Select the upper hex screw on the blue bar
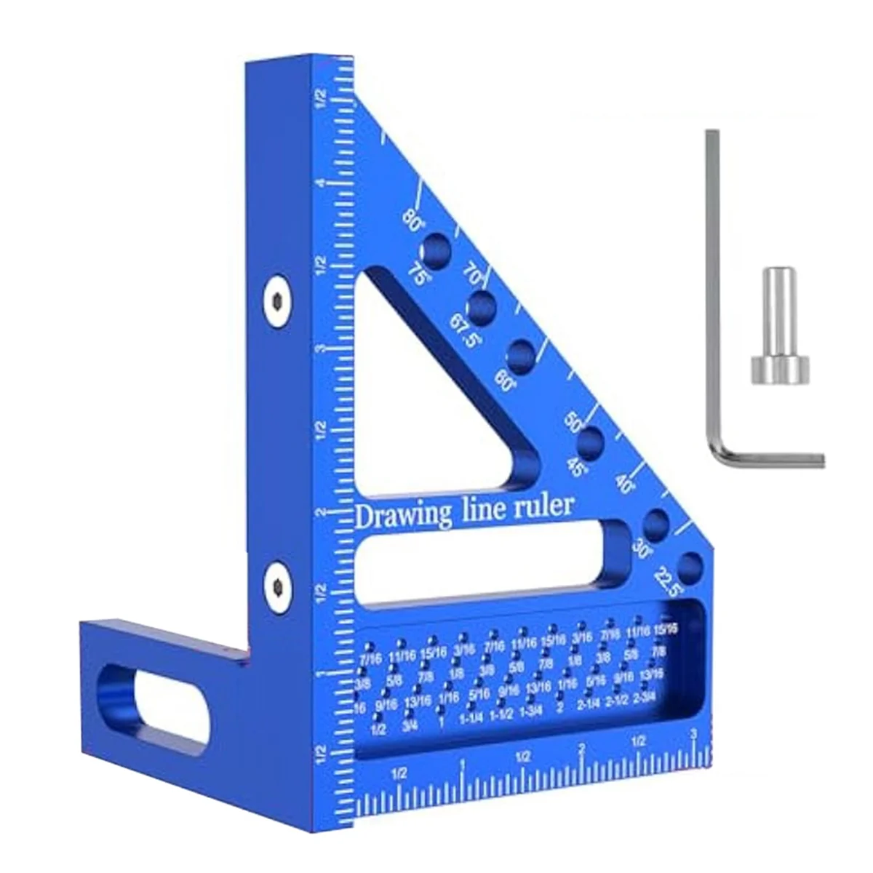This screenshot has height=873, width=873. click(x=276, y=300)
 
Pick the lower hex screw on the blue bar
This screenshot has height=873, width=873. click(x=276, y=582)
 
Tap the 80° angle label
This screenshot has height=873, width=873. click(x=414, y=219)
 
